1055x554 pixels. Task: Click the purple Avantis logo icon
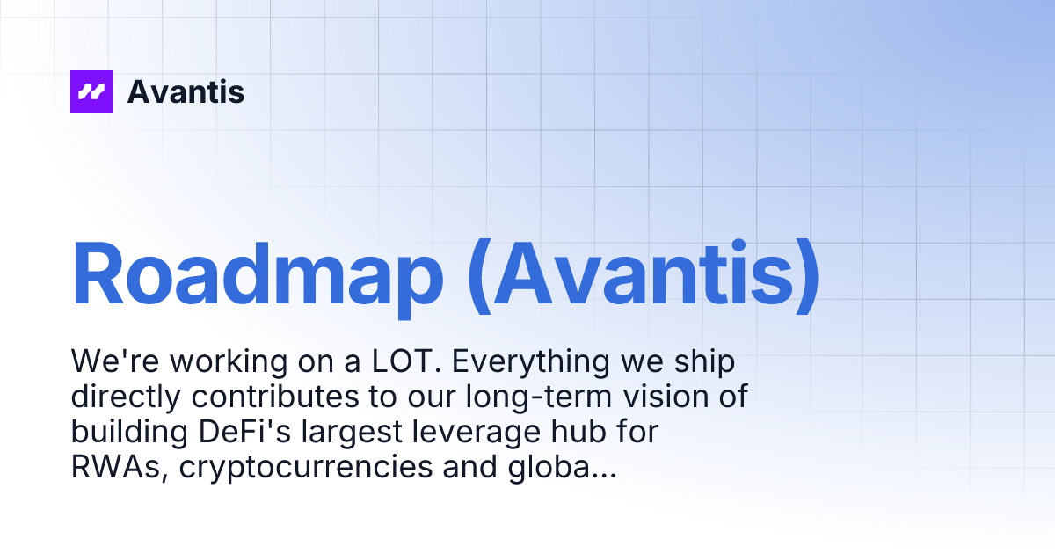pyautogui.click(x=91, y=91)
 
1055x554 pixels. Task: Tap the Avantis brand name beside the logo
pyautogui.click(x=186, y=91)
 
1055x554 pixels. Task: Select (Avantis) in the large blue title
pyautogui.click(x=643, y=274)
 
